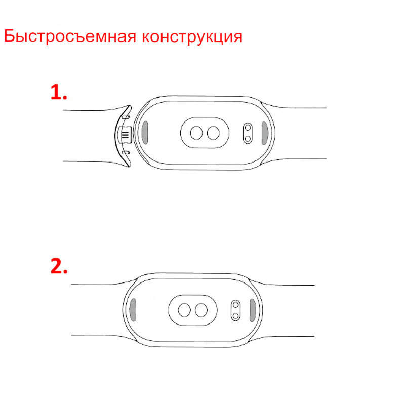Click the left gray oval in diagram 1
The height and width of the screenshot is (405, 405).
pos(145,133)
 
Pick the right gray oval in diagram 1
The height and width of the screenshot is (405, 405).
pos(265,133)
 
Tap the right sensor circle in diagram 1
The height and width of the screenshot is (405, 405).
pos(213,133)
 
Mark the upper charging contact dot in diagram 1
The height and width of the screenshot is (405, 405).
pos(247,128)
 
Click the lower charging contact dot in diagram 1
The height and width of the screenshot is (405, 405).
pos(247,138)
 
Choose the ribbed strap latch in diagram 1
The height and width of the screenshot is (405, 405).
pos(124,135)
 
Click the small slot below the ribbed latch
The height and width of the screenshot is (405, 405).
pos(126,151)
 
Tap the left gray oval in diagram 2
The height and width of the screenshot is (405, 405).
pos(134,309)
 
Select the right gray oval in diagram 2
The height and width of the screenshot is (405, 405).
pos(252,309)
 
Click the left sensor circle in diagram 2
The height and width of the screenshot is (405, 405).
pos(184,309)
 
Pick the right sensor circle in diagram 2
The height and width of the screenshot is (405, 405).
pos(201,309)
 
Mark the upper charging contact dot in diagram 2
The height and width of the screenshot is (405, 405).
pos(235,304)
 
